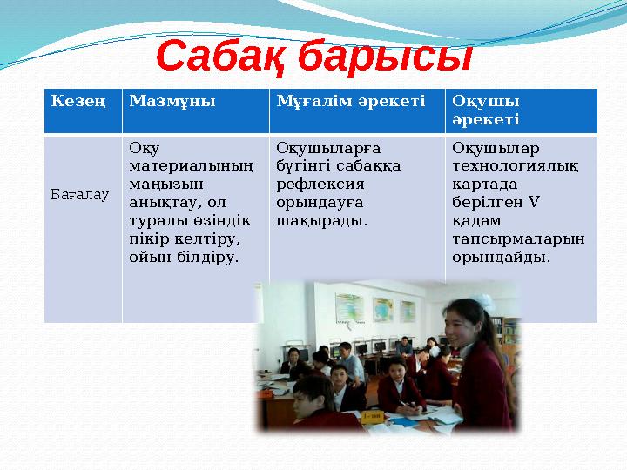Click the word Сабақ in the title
click(221, 57)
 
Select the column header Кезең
click(78, 101)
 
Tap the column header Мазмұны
click(172, 101)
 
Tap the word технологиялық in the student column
click(510, 166)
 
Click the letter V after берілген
click(534, 203)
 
